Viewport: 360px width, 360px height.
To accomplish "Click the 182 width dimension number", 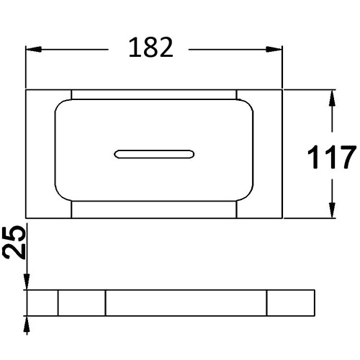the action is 151,48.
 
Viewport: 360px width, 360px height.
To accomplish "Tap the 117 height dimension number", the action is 331,157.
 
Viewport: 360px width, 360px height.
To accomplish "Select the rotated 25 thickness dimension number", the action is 14,242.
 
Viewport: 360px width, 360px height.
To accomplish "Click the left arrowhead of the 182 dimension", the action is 34,50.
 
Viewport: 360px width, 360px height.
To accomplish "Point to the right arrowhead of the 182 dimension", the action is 274,50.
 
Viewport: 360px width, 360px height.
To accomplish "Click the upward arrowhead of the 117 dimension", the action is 332,98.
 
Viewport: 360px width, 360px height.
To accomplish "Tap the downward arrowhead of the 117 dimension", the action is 332,210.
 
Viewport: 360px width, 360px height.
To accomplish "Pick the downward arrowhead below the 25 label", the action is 27,282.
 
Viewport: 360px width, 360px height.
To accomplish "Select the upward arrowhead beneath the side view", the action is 27,324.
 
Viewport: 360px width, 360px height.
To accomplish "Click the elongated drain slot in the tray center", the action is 154,154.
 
